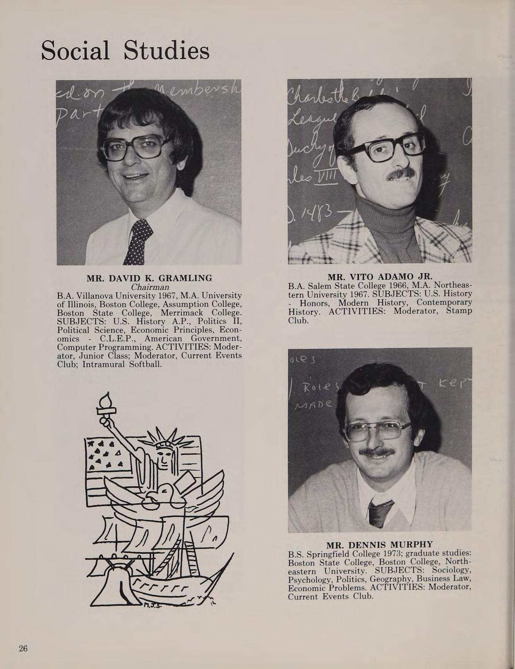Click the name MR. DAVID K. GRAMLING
149,278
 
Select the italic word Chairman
150,287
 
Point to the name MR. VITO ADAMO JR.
380,277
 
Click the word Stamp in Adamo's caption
459,311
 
